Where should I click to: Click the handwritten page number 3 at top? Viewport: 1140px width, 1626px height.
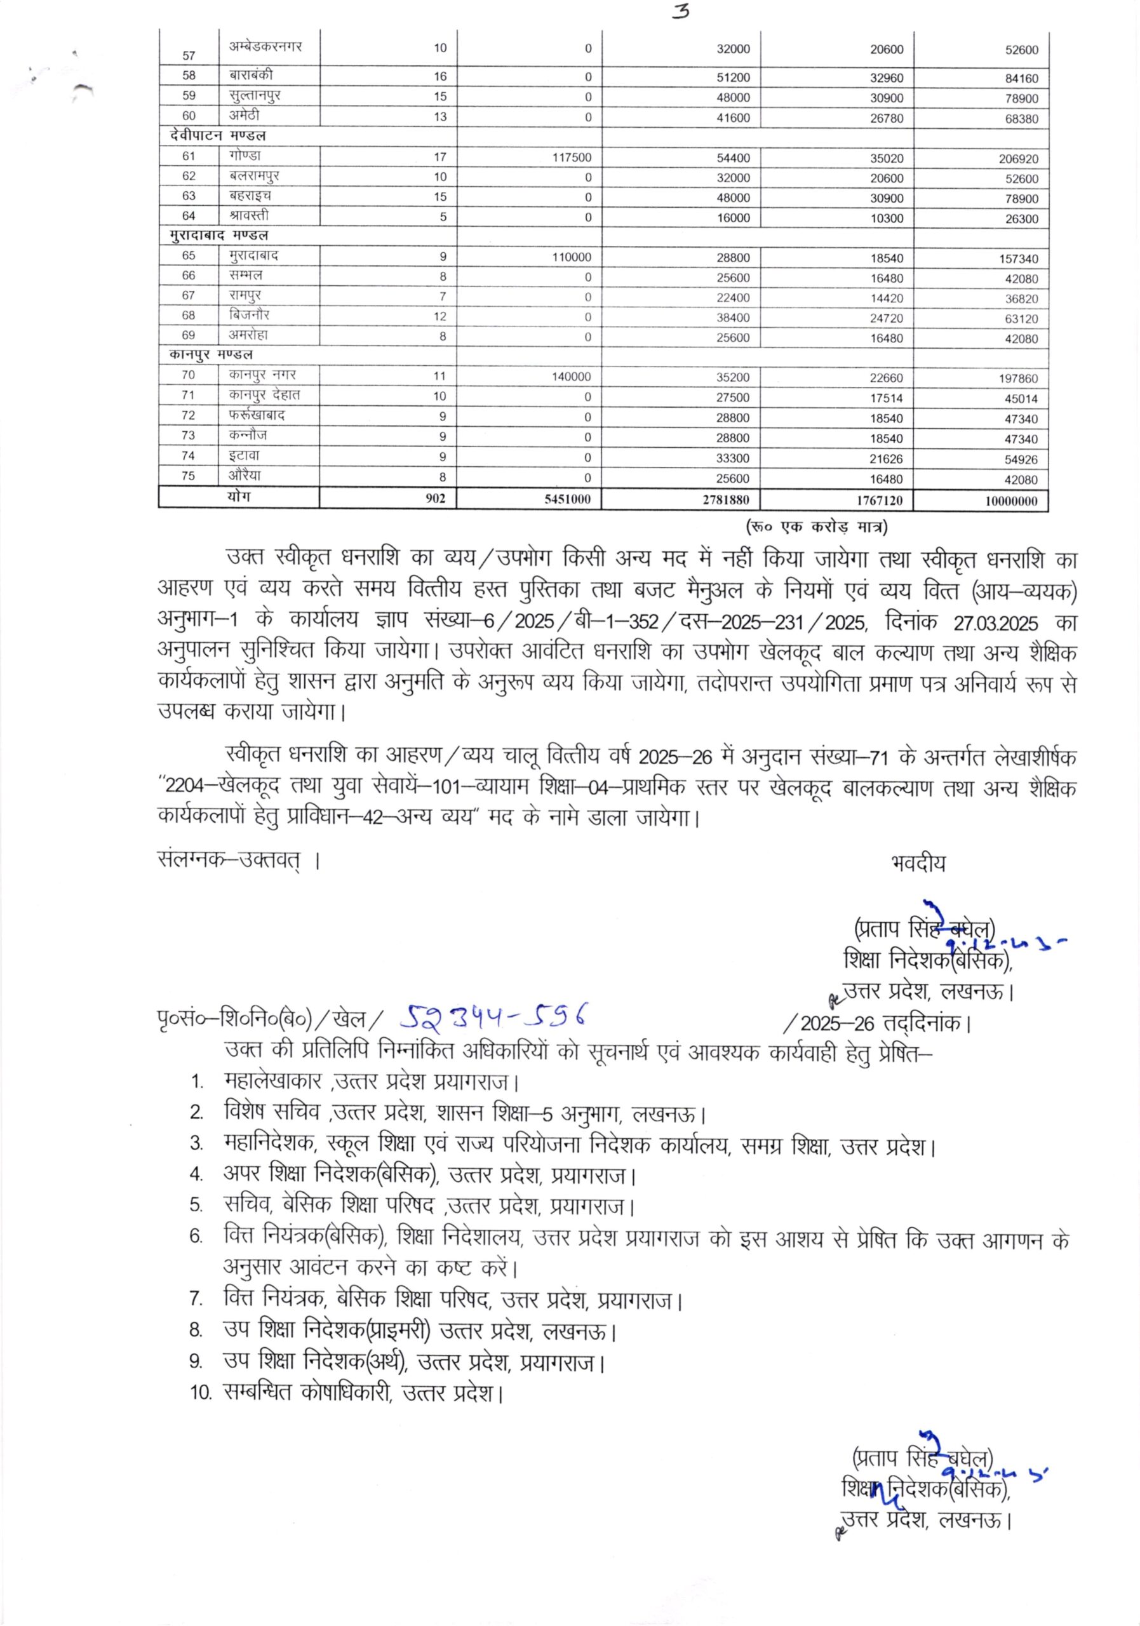[681, 13]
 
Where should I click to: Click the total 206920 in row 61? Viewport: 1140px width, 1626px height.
[1017, 159]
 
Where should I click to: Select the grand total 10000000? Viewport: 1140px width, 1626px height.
[1010, 501]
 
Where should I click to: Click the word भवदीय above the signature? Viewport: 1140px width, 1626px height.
[918, 863]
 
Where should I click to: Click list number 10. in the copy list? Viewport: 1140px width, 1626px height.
[201, 1393]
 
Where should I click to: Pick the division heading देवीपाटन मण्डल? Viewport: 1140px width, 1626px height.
[217, 135]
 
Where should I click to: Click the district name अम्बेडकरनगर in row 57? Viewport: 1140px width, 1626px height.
[265, 47]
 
